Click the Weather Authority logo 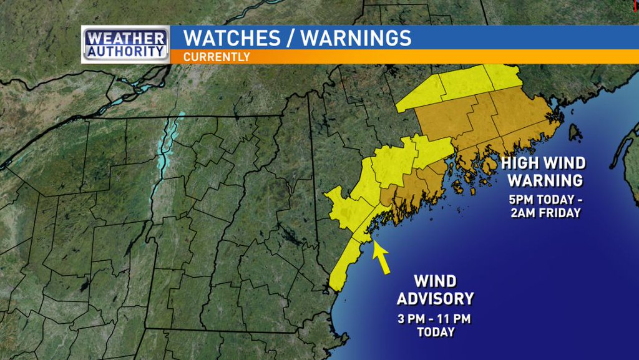pyautogui.click(x=125, y=44)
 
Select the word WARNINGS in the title pyautogui.click(x=356, y=37)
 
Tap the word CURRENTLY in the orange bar pyautogui.click(x=217, y=57)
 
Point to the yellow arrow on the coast pyautogui.click(x=381, y=258)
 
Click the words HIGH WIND pyautogui.click(x=545, y=164)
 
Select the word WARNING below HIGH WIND pyautogui.click(x=545, y=181)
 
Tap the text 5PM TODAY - pyautogui.click(x=545, y=200)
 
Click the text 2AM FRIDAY pyautogui.click(x=545, y=213)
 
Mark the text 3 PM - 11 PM pyautogui.click(x=435, y=319)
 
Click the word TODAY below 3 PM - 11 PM pyautogui.click(x=435, y=332)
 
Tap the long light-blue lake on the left pyautogui.click(x=167, y=156)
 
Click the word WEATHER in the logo pyautogui.click(x=125, y=37)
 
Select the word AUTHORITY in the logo pyautogui.click(x=125, y=51)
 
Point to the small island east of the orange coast pyautogui.click(x=574, y=132)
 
